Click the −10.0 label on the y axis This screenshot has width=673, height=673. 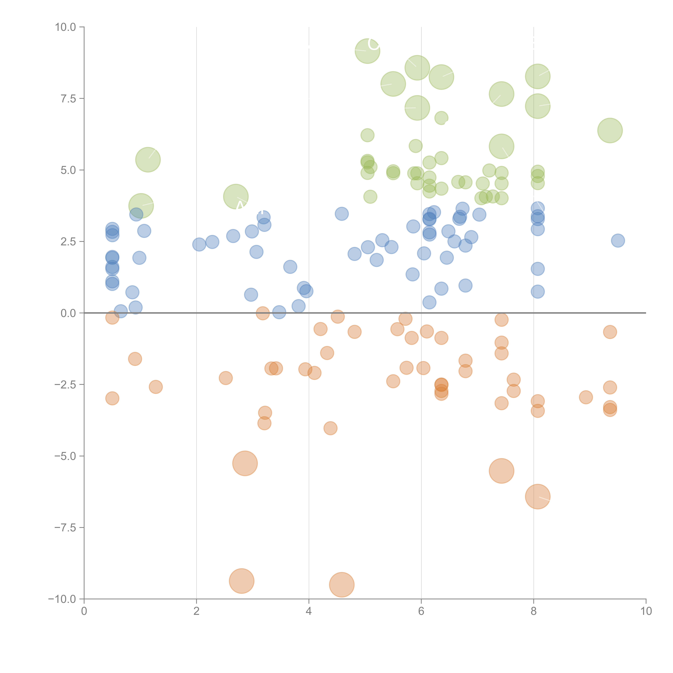coord(62,599)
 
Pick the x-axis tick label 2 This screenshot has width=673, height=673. coord(197,611)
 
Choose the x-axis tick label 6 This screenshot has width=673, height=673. coord(421,611)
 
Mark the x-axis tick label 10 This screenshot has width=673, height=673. coord(646,611)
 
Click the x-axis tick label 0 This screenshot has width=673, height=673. coord(84,611)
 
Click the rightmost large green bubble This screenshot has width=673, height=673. coord(610,130)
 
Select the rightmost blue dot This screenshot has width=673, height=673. coord(618,240)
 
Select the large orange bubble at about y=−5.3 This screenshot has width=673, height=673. coord(245,463)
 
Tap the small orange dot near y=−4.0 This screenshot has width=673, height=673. coord(330,428)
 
